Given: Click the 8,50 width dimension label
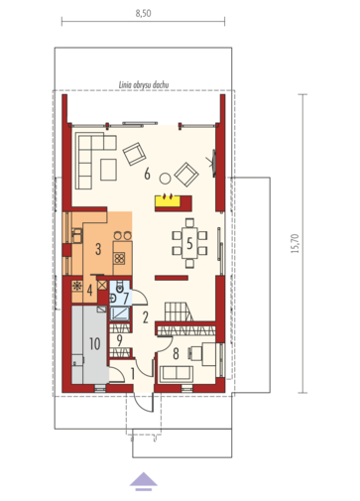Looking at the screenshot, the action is point(143,14).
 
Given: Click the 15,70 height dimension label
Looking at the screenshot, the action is point(295,244).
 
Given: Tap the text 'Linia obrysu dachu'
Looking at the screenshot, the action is point(144,85).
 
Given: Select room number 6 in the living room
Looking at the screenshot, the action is point(147,174).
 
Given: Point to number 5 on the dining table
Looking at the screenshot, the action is point(189,243).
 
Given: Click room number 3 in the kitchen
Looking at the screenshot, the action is point(98,249).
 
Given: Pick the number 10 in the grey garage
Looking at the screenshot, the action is point(95,344).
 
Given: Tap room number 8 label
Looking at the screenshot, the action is point(176,354).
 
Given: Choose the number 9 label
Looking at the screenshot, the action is point(119,340).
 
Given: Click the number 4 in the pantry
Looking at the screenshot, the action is point(89,291).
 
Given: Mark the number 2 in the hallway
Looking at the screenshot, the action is point(146,317).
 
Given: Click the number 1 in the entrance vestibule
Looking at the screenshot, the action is point(133,374).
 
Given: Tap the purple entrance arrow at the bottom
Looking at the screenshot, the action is point(144,481).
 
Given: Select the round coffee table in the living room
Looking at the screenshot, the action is point(165,179).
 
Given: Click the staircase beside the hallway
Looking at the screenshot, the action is point(179,312).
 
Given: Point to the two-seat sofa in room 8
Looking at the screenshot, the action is point(177,374).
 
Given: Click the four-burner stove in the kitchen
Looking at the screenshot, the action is point(119,258).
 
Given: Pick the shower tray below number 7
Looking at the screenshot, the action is point(119,313).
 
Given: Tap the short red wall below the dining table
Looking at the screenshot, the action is point(172,278).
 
